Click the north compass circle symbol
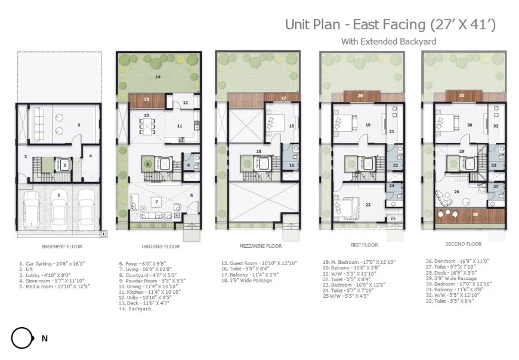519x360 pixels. (21, 339)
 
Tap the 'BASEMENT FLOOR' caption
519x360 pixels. (62, 246)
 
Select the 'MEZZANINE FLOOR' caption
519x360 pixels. (259, 246)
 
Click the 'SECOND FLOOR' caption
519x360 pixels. (463, 244)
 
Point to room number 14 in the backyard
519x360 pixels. (157, 77)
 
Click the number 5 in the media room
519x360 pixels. (78, 125)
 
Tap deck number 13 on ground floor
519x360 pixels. (145, 100)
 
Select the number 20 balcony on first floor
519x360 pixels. (360, 96)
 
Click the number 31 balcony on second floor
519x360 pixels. (462, 96)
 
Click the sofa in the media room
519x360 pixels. (37, 122)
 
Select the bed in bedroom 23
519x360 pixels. (347, 210)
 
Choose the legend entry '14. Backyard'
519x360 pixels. (134, 309)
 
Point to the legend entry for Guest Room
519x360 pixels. (258, 263)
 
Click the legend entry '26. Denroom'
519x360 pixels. (456, 261)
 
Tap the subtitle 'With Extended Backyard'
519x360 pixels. (388, 41)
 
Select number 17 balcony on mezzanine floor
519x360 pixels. (283, 98)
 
